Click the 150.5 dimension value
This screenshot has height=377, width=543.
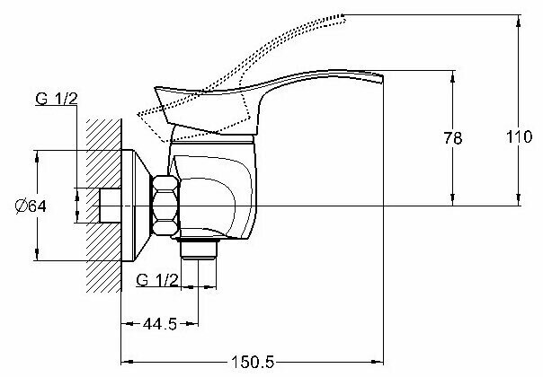(253, 363)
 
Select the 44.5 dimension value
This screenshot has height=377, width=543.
(160, 324)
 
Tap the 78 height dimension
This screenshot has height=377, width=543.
(453, 138)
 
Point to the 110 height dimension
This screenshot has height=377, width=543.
(519, 137)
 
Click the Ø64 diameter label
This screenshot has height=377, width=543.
(31, 206)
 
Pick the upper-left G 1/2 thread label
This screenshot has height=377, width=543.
(57, 99)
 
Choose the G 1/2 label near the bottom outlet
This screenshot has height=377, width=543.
(157, 280)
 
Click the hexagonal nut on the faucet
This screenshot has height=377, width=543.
(165, 206)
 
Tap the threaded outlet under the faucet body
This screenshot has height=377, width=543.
(199, 249)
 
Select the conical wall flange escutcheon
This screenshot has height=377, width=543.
(135, 206)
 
